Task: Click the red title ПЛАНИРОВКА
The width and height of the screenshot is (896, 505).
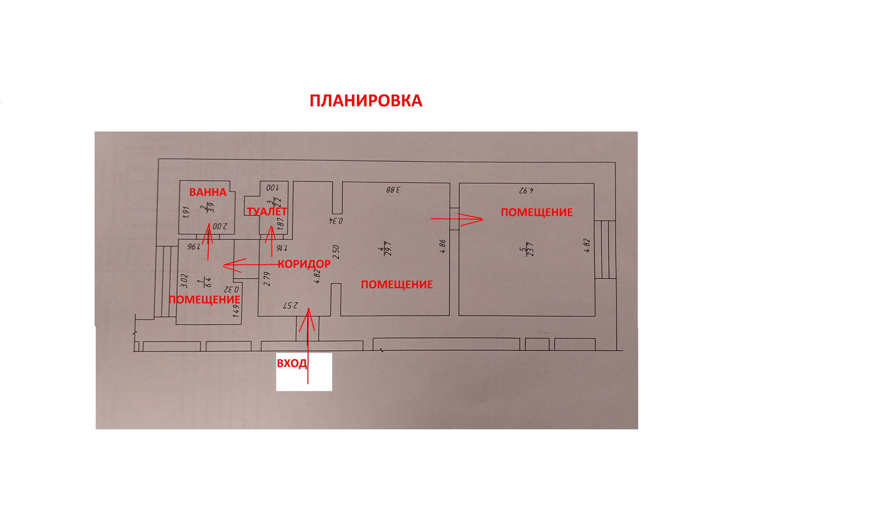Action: tap(365, 101)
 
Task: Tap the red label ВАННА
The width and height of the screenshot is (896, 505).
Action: tap(208, 192)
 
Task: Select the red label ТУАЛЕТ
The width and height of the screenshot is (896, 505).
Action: tap(266, 212)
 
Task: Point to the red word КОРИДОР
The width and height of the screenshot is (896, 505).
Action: tap(304, 264)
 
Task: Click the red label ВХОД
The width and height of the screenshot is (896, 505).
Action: tap(292, 363)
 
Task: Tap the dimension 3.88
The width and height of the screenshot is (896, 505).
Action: tap(393, 190)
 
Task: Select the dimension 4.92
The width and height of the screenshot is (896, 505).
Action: tap(526, 191)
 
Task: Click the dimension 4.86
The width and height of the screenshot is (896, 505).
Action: tap(442, 246)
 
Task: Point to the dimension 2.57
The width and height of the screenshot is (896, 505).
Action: tap(290, 306)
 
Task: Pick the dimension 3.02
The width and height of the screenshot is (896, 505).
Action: tap(184, 280)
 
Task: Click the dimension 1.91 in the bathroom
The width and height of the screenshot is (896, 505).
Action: tap(186, 212)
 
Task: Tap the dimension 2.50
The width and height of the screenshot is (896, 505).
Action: tap(336, 252)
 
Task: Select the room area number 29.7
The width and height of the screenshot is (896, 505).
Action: tap(388, 249)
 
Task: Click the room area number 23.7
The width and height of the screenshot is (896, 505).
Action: tap(529, 249)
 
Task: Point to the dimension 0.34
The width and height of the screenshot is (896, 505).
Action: tap(336, 221)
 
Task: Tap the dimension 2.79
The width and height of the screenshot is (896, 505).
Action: tap(267, 279)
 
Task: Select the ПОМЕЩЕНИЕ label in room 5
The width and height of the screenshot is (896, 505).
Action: tap(536, 213)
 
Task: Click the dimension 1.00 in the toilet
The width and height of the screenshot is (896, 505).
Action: tap(272, 188)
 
